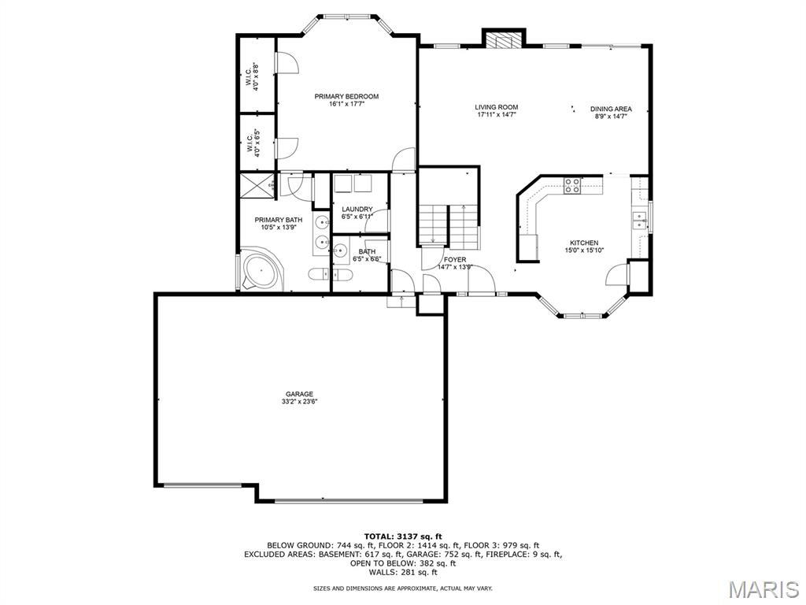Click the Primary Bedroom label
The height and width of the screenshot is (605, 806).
[346, 96]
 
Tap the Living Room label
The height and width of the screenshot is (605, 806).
[496, 107]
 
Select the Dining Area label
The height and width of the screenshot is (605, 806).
[611, 109]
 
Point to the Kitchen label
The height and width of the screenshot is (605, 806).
[584, 243]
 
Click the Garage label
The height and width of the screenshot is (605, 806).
[300, 395]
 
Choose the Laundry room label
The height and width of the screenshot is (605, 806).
[357, 210]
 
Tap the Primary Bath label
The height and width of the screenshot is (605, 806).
[279, 221]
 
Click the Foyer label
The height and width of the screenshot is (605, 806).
[455, 260]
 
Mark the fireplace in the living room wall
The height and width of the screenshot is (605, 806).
[504, 41]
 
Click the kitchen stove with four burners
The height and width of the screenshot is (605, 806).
[573, 185]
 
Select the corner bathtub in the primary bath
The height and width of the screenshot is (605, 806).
[261, 270]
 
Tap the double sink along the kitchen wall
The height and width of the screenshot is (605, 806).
[640, 221]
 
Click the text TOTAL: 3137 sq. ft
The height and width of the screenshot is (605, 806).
[403, 536]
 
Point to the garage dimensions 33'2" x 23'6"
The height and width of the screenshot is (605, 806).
[300, 402]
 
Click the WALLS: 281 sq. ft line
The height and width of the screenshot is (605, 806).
[403, 572]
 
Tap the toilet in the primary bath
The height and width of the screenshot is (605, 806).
[319, 274]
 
